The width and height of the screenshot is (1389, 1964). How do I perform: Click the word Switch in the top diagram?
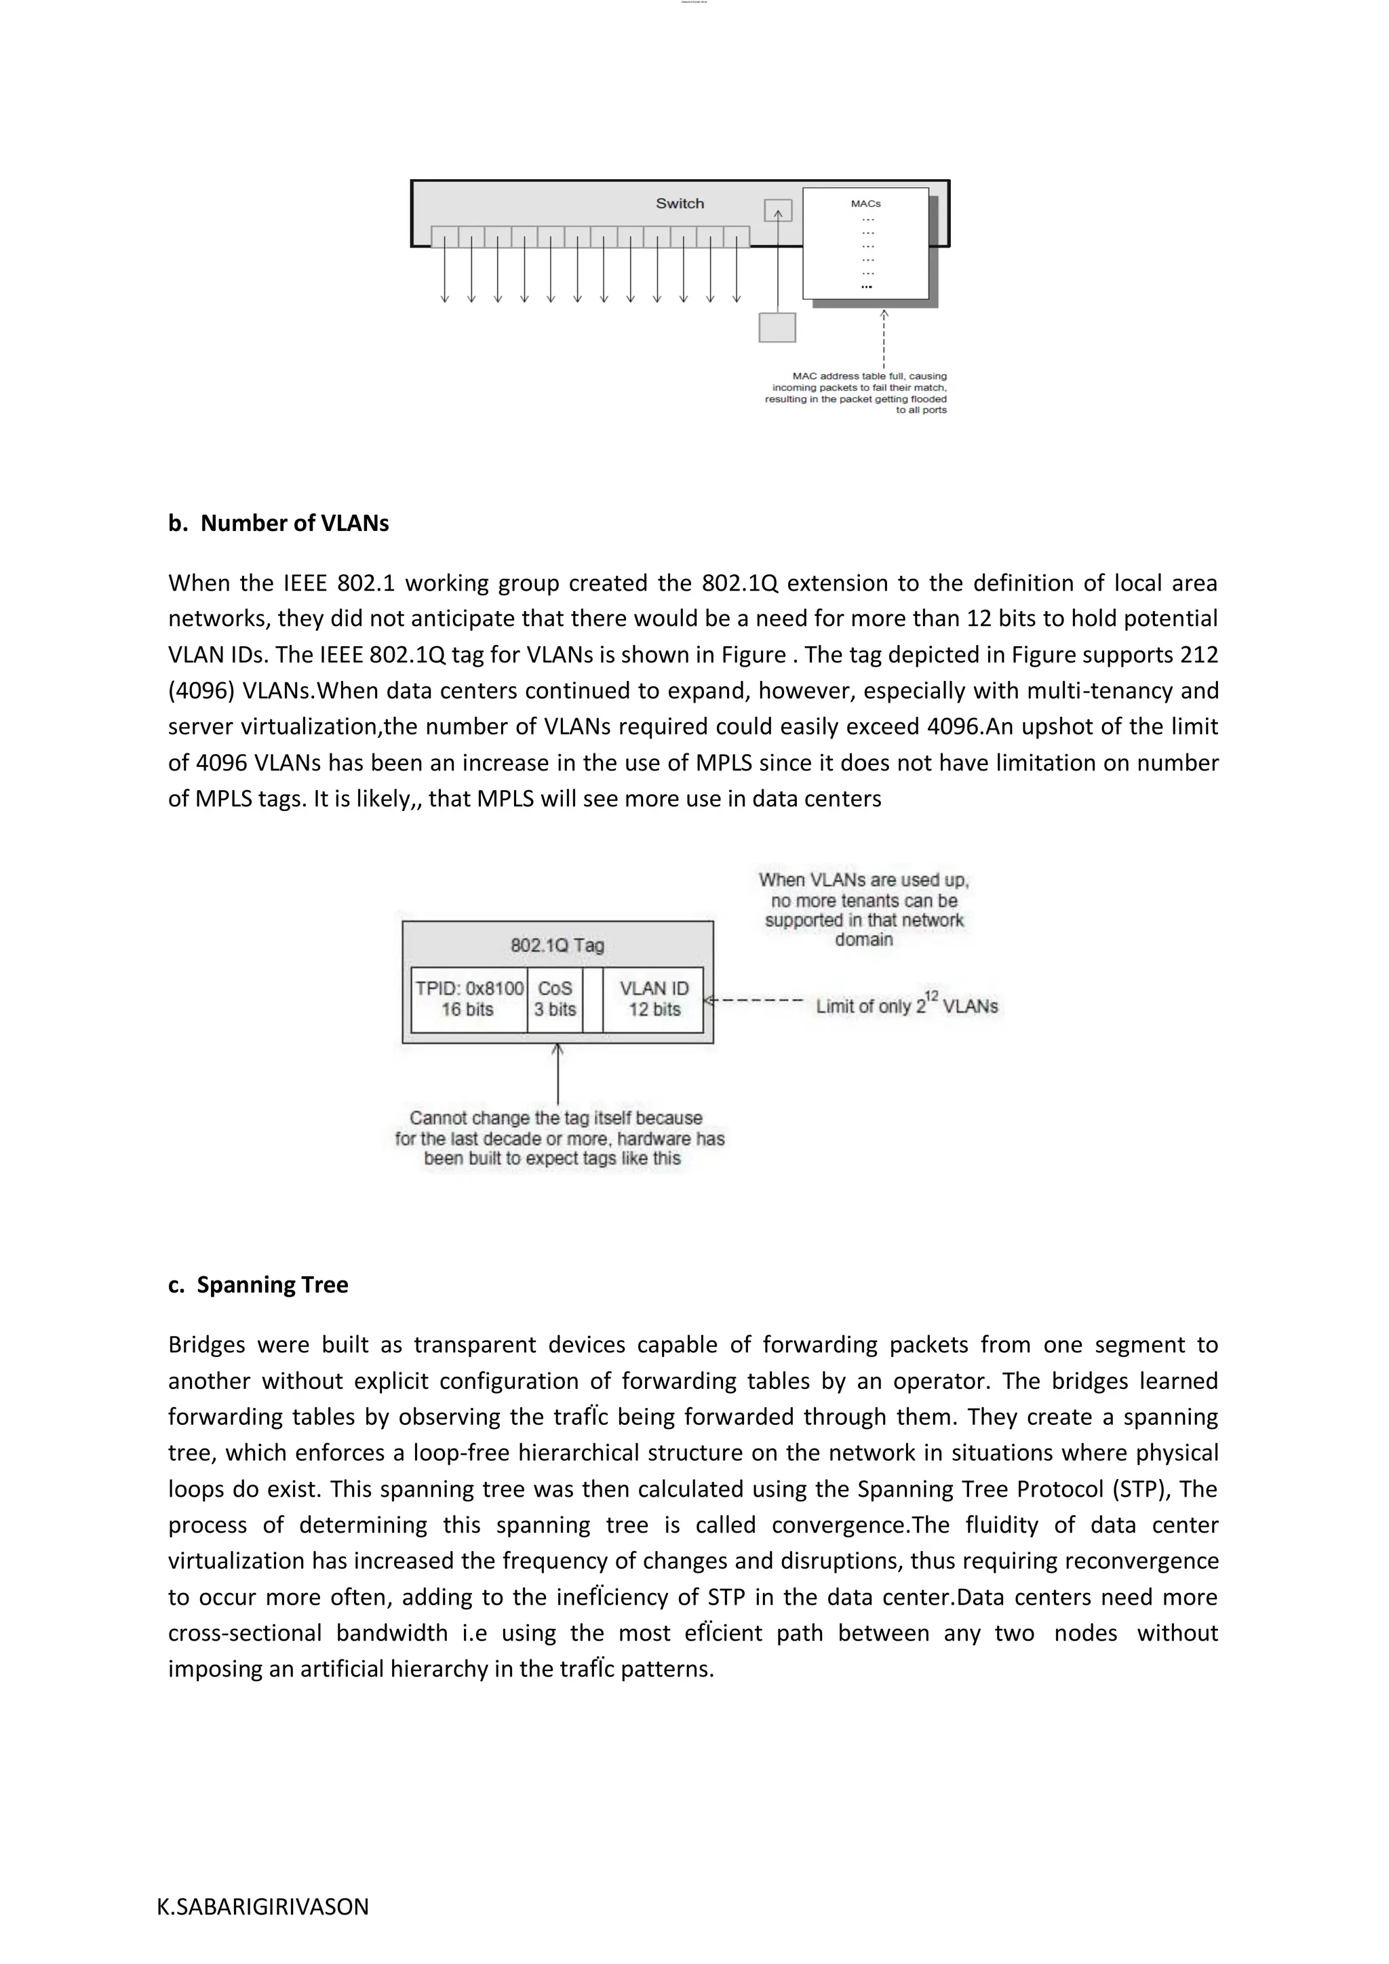click(680, 203)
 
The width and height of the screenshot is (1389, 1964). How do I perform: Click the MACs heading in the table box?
click(865, 203)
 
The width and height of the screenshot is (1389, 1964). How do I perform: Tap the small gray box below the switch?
click(777, 328)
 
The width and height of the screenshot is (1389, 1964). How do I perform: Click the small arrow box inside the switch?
click(777, 210)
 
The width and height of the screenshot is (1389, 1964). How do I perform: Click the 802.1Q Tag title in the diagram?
click(557, 945)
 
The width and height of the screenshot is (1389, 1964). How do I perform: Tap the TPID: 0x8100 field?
click(469, 999)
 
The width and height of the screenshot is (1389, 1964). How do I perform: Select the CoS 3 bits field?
click(554, 999)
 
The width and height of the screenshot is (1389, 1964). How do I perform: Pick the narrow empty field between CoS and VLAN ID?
click(593, 999)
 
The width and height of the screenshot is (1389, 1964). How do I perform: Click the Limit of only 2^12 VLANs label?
click(907, 1005)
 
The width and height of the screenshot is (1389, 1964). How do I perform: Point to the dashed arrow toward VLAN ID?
click(753, 1000)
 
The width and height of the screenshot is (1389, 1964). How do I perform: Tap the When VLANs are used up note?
click(864, 909)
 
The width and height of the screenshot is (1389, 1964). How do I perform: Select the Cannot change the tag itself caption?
click(560, 1139)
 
